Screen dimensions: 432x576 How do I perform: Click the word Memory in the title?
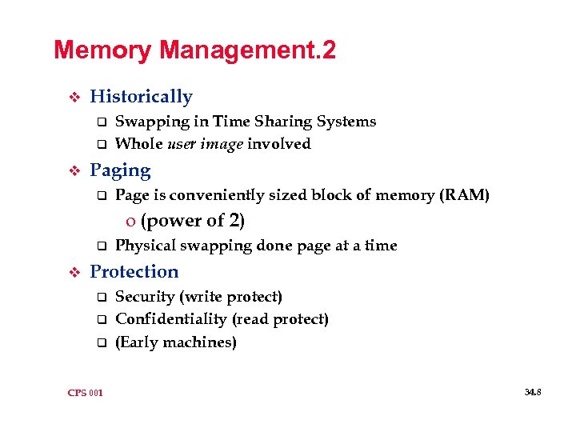tap(102, 51)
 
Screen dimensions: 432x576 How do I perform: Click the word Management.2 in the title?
tap(247, 51)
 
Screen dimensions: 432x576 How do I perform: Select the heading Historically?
tap(142, 97)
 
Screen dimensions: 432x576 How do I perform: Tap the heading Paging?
tap(120, 170)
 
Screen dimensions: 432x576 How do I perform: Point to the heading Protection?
tap(134, 272)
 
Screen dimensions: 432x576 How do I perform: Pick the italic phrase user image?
tap(204, 144)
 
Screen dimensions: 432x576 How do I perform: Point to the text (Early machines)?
tap(176, 342)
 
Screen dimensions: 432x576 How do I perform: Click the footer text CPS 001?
tap(85, 392)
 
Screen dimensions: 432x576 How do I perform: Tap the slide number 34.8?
tap(533, 392)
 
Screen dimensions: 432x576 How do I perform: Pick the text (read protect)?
tap(280, 319)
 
